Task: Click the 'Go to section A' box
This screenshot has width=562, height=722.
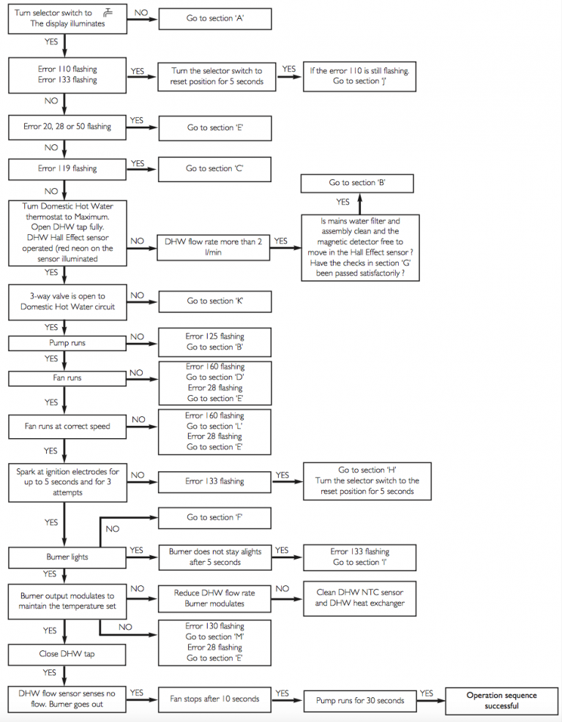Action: [214, 18]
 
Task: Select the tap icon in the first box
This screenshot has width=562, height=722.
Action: [108, 12]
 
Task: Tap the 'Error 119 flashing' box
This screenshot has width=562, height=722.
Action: [67, 168]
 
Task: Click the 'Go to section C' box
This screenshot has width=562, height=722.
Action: [214, 168]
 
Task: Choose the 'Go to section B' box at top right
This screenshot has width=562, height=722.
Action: [357, 183]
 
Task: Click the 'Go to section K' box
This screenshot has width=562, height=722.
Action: [214, 301]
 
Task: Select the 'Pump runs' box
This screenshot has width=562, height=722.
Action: [67, 342]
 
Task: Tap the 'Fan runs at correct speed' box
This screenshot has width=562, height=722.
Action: [67, 426]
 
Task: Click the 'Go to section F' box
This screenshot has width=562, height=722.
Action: [214, 518]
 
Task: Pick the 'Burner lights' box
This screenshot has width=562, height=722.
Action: [67, 557]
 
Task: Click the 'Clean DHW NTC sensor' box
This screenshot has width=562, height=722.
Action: [359, 598]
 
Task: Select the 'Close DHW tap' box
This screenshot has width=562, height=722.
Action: [67, 654]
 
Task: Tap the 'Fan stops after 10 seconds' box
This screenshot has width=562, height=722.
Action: [214, 699]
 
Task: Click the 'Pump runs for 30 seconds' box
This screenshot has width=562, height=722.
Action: [359, 700]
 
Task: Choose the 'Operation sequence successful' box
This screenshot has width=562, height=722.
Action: [501, 700]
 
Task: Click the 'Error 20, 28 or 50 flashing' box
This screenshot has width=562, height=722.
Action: [67, 127]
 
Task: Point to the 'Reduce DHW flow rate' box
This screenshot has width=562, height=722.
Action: [214, 598]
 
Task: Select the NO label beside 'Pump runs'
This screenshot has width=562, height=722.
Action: [137, 337]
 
